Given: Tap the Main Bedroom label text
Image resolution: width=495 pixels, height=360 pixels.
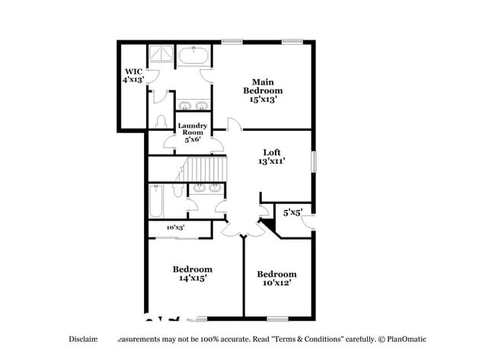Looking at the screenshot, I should tap(263, 90).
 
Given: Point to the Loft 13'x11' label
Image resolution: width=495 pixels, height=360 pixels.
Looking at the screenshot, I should tap(272, 157).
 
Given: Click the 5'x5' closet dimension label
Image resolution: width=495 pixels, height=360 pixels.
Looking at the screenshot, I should tap(292, 212).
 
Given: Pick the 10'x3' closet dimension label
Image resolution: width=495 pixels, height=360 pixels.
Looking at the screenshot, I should tap(175, 227).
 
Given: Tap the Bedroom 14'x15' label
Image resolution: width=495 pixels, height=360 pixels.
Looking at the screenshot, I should tap(192, 273).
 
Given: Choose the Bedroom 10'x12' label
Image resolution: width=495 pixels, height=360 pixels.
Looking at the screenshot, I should tap(276, 279).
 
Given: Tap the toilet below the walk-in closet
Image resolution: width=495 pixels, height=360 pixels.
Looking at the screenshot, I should tap(161, 121).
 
